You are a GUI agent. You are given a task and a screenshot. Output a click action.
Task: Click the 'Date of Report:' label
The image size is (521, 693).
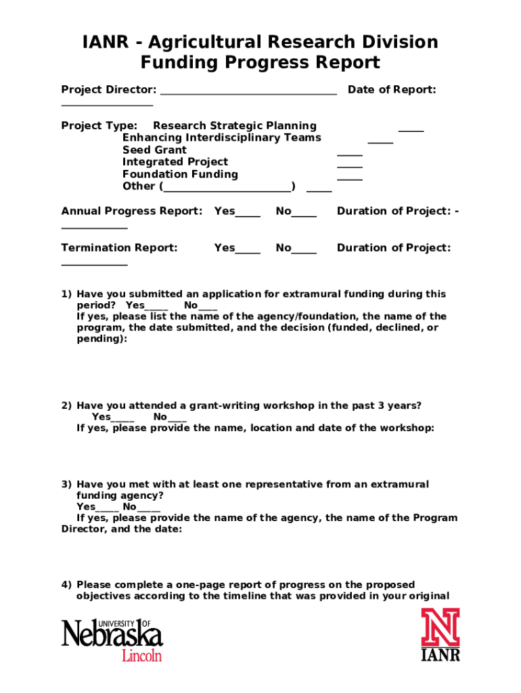[392, 90]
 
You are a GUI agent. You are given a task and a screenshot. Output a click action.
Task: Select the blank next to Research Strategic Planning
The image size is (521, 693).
[411, 129]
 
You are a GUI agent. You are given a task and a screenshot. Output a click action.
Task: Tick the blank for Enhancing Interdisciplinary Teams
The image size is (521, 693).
[380, 141]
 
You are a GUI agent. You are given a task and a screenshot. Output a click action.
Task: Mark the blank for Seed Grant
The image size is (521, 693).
[350, 154]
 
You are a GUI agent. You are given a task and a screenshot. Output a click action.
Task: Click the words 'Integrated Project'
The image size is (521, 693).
[175, 162]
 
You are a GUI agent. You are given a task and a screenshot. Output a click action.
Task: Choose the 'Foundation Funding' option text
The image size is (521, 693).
[180, 174]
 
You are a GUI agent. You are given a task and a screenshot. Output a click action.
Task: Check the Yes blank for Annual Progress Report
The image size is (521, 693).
[248, 215]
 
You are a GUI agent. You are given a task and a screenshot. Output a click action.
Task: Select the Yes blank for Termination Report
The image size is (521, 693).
[248, 252]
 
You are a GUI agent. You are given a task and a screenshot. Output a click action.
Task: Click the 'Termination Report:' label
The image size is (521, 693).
[120, 248]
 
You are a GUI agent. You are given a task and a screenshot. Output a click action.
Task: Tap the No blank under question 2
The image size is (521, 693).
[177, 420]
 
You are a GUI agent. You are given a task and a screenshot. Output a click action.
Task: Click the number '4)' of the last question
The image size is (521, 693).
[66, 585]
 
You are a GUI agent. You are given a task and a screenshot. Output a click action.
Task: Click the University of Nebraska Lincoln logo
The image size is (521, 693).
[112, 639]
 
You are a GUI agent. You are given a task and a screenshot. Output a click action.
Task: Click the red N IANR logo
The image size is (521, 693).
[440, 634]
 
